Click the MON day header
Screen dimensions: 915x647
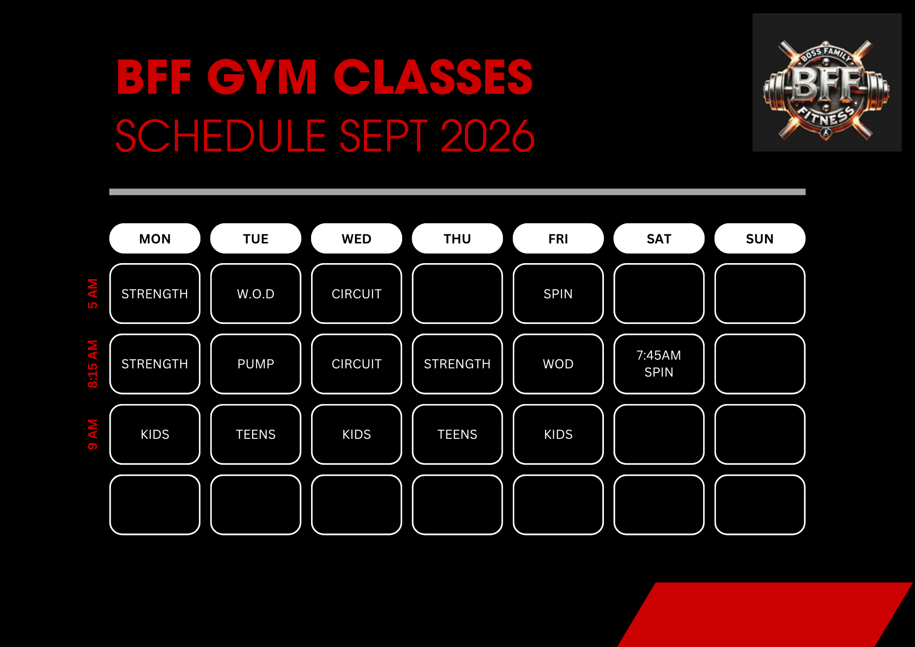(155, 238)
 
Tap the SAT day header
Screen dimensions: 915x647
(659, 238)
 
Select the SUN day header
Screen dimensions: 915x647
(759, 238)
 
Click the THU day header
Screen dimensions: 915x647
(457, 238)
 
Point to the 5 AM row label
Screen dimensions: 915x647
(93, 293)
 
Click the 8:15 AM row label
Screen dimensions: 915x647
(93, 364)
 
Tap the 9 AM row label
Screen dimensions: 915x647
(93, 434)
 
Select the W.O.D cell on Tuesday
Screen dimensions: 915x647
(256, 293)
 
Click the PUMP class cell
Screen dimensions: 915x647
(256, 364)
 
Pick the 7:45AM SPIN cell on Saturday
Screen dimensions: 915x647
(659, 364)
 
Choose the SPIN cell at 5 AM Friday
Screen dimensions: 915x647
(558, 293)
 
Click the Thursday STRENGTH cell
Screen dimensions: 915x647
(457, 364)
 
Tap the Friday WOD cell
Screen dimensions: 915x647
(558, 364)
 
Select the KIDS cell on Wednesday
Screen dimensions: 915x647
(356, 434)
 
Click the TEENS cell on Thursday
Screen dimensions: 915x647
(457, 434)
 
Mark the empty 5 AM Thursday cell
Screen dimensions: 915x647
(457, 293)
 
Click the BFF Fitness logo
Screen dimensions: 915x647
(827, 82)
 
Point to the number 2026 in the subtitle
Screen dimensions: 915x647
(488, 136)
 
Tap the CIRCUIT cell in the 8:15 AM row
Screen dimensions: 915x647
(356, 364)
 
